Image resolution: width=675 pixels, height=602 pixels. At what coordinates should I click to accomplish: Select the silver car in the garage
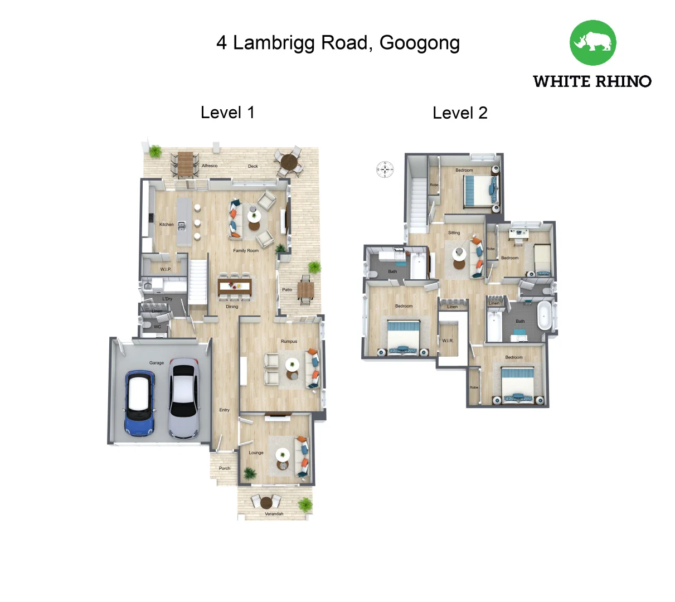[183, 398]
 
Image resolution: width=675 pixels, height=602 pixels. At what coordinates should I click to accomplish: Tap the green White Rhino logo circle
[593, 43]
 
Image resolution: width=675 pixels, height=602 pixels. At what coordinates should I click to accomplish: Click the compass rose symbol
[385, 169]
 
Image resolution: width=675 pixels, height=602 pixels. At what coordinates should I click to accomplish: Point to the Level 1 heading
[227, 113]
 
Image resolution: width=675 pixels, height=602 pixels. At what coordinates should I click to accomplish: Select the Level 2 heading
[460, 113]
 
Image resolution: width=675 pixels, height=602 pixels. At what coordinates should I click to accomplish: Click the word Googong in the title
[420, 43]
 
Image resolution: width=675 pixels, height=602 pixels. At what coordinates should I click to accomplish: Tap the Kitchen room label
[166, 225]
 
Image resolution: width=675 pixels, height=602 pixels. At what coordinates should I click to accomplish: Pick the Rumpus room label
[289, 341]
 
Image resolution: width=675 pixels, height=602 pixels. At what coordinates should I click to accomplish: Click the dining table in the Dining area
[235, 287]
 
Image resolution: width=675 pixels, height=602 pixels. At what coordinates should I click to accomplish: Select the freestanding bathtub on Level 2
[544, 316]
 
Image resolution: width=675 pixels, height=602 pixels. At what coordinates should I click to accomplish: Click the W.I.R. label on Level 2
[448, 341]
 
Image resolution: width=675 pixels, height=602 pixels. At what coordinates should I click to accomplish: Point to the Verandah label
[274, 514]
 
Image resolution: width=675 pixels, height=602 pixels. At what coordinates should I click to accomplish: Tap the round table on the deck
[289, 162]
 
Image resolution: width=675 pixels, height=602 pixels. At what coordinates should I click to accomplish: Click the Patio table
[305, 290]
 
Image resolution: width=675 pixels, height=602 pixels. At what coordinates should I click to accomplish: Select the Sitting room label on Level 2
[454, 233]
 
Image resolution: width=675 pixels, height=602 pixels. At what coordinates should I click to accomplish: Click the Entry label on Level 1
[224, 410]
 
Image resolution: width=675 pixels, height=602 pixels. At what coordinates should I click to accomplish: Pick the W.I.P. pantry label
[166, 269]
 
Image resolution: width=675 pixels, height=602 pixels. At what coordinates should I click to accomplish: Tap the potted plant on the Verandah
[305, 504]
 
